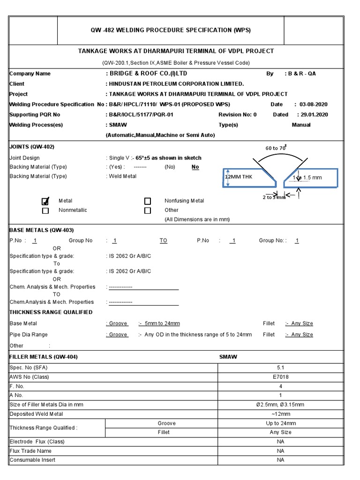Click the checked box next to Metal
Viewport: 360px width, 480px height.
(x=45, y=202)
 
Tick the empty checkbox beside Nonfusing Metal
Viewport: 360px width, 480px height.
(x=148, y=201)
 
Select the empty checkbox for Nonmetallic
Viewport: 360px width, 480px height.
(x=45, y=210)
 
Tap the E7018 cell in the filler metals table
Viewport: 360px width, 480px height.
(x=280, y=377)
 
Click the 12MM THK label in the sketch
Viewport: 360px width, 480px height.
(x=239, y=177)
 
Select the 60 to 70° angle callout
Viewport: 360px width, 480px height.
(x=276, y=148)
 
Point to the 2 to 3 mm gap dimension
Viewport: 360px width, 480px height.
(x=274, y=197)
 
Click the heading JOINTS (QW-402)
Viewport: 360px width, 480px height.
(x=32, y=147)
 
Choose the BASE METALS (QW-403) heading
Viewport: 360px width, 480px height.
(x=42, y=230)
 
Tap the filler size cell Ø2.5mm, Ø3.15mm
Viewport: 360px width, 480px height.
(x=280, y=405)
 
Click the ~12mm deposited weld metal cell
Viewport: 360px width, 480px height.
(x=280, y=414)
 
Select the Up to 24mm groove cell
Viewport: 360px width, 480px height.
(x=280, y=423)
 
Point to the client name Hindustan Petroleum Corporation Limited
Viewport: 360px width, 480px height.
(x=176, y=84)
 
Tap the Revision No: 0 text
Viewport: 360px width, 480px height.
(x=237, y=115)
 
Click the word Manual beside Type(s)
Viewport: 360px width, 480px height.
(x=301, y=125)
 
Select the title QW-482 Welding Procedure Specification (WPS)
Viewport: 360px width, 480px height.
(x=171, y=30)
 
